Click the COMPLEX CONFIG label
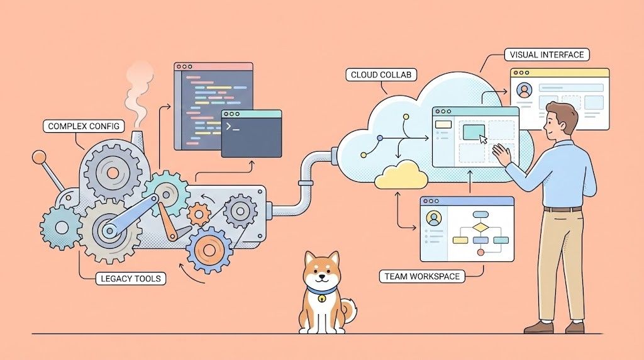[84, 127]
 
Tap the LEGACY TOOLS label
[130, 278]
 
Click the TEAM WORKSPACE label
[421, 276]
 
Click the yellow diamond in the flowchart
[480, 227]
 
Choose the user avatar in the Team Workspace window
[433, 218]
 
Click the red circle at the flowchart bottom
[481, 252]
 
